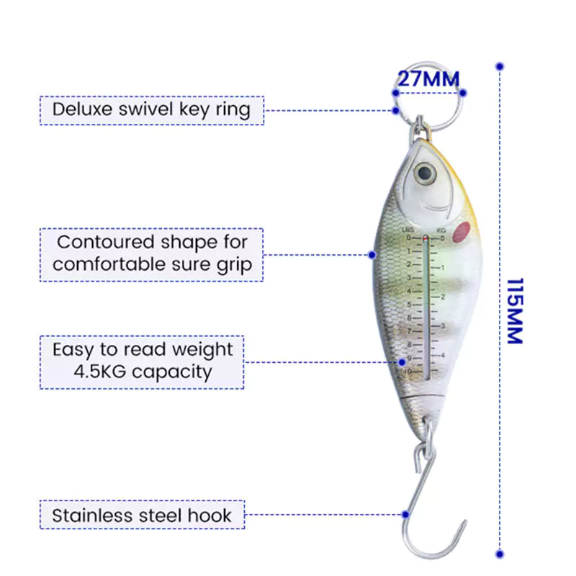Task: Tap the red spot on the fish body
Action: click(x=462, y=231)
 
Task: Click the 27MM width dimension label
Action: click(x=428, y=78)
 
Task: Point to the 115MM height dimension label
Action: click(x=515, y=310)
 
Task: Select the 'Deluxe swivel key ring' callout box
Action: click(x=151, y=110)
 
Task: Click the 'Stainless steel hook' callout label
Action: click(x=142, y=516)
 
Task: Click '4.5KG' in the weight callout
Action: click(x=98, y=372)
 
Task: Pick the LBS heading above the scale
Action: click(x=407, y=230)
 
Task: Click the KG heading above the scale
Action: click(x=441, y=230)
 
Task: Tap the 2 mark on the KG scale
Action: click(x=444, y=297)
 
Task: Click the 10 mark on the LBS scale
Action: click(x=408, y=372)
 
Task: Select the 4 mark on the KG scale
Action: click(x=444, y=356)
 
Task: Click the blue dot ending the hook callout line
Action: click(x=405, y=515)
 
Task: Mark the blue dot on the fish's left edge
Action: click(x=372, y=254)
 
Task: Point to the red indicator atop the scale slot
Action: click(x=426, y=238)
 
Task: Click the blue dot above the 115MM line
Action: click(x=500, y=66)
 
